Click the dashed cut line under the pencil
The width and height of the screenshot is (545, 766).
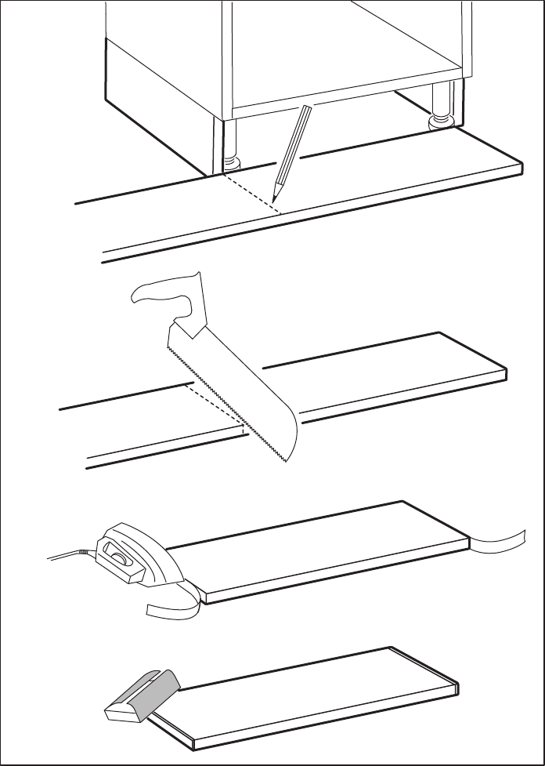(x=249, y=192)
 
